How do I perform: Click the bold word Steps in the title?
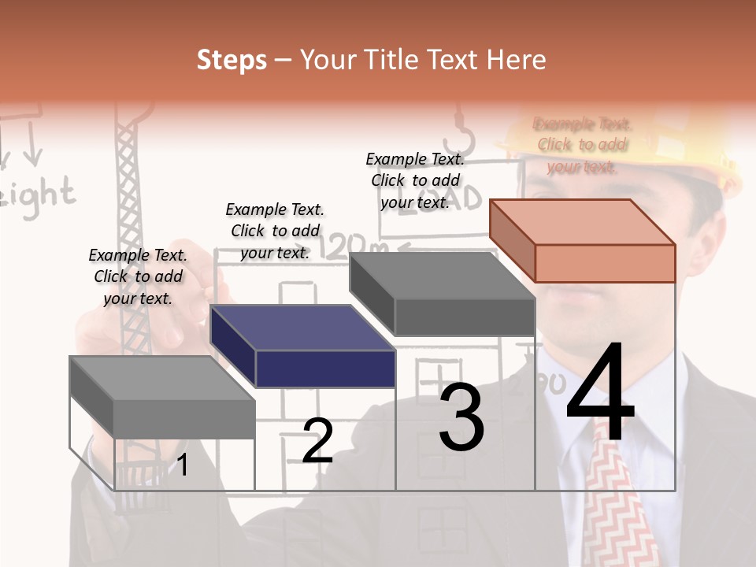(232, 60)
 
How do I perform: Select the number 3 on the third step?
(461, 417)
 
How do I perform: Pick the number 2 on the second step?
(317, 440)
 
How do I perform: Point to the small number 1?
(183, 465)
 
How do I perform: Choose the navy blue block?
(304, 346)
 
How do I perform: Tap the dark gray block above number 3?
(443, 293)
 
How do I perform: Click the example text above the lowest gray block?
(138, 276)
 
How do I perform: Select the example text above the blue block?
(275, 231)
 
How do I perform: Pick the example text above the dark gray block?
(415, 180)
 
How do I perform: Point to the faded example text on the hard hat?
(582, 145)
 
